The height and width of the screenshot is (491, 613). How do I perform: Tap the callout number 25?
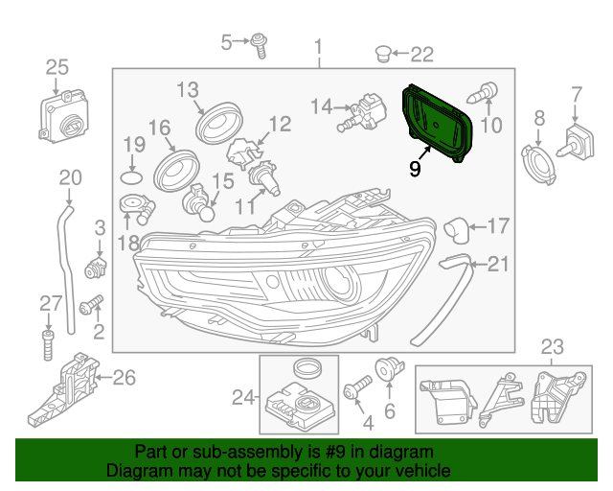click(x=57, y=66)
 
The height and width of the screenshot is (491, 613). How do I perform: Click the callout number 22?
click(x=422, y=54)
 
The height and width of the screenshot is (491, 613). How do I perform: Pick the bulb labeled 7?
click(x=579, y=143)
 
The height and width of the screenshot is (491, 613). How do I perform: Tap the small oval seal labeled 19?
click(x=132, y=177)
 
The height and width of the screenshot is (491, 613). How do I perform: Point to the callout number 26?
click(x=124, y=377)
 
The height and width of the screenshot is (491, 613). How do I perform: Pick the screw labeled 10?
click(x=483, y=94)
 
